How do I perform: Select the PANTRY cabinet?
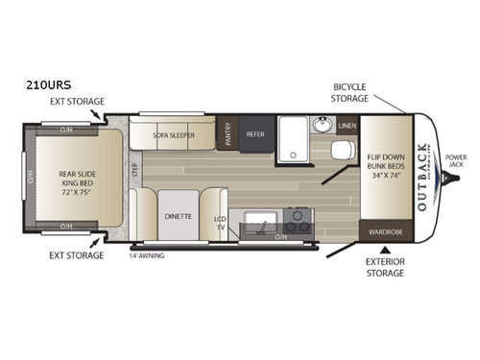pos(227,134)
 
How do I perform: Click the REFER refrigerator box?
pos(255,135)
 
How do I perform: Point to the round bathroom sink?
pos(323,125)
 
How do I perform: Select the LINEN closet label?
pos(347,126)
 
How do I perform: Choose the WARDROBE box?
pos(386,230)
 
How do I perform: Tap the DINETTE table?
pos(178,216)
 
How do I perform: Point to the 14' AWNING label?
pos(146,256)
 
